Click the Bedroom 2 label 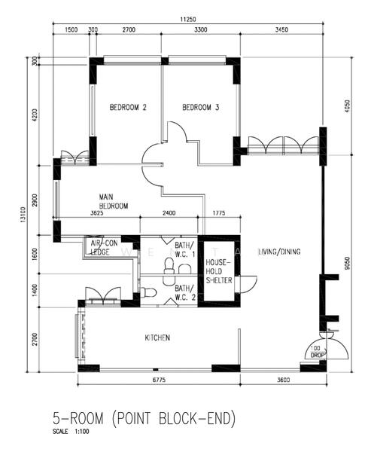coord(128,108)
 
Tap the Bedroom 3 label coord(200,108)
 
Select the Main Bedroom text coord(114,201)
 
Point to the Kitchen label coord(157,337)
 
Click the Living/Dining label coord(279,252)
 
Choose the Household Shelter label coord(219,271)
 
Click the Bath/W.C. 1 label coord(185,249)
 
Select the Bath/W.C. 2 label coord(185,292)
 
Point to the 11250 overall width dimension coord(188,20)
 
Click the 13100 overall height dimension coord(24,215)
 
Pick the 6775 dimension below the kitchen coord(159,380)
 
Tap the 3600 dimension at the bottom coord(284,380)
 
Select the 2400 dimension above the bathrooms coord(169,213)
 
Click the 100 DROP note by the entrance coord(317,352)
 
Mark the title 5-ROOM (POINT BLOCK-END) coord(144,419)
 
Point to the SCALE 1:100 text coord(71,432)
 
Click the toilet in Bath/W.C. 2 coord(149,292)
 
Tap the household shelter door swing coord(248,285)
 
